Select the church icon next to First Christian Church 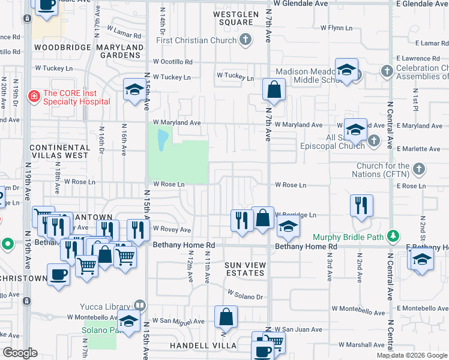245,40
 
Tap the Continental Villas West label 59,151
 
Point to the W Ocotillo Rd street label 172,62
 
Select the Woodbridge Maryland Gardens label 89,51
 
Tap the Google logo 20,353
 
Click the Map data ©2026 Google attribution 412,355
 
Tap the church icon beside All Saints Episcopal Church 374,141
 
